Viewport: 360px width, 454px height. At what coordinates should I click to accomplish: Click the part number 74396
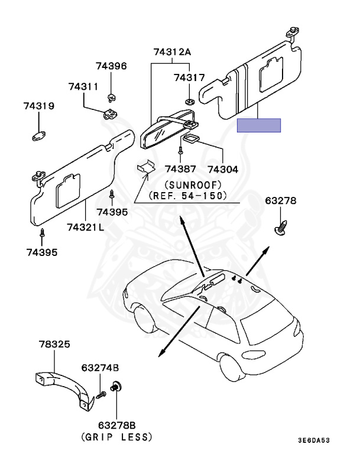tap(112, 66)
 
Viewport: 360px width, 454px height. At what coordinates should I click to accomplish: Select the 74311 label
tap(83, 87)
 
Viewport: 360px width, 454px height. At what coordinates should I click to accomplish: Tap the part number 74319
tap(39, 106)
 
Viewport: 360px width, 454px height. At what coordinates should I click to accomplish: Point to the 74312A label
tap(172, 52)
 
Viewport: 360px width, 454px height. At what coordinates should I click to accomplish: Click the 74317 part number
tap(189, 77)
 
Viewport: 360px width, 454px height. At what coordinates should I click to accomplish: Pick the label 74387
tap(180, 169)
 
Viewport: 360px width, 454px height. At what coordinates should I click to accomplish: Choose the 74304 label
tap(223, 169)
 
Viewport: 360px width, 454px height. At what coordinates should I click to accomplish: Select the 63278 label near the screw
tap(281, 201)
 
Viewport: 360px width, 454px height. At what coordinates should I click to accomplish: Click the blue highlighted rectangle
tap(259, 125)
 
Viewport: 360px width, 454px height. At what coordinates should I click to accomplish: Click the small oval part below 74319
tap(40, 137)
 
